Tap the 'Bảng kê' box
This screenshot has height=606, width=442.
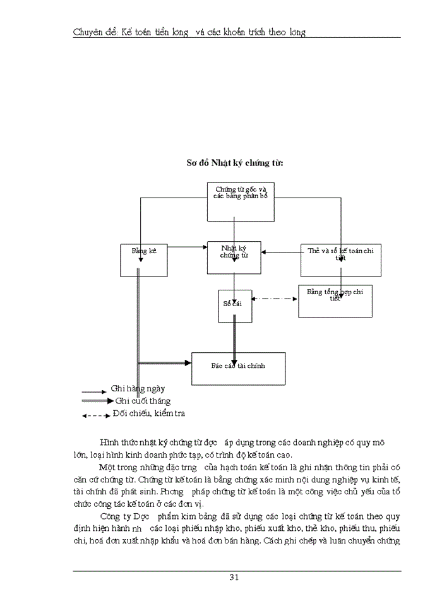[x=144, y=259]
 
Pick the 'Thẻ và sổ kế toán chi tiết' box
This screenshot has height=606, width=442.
[x=340, y=259]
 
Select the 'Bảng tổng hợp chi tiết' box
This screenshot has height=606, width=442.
[x=335, y=300]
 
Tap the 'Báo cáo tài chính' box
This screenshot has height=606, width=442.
[x=238, y=368]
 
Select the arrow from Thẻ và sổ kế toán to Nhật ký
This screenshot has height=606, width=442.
[x=281, y=252]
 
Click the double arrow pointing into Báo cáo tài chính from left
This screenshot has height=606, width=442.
[x=164, y=363]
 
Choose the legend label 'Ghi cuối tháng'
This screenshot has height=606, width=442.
[x=143, y=401]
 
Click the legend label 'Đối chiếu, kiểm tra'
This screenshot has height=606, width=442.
[x=148, y=413]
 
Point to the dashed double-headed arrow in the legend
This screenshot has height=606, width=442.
[x=95, y=415]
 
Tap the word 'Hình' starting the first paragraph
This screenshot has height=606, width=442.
[x=110, y=443]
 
